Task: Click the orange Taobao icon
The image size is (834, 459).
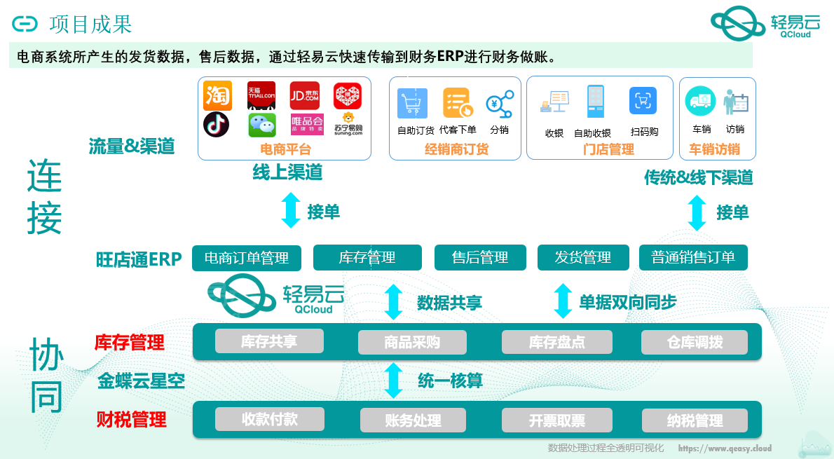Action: tap(217, 96)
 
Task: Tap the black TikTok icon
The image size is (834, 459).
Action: tap(216, 125)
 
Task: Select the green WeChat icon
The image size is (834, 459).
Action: tap(262, 125)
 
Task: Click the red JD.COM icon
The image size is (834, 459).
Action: tap(305, 96)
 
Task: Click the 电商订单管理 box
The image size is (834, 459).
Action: tap(247, 258)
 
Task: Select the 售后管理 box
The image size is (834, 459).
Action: tap(480, 258)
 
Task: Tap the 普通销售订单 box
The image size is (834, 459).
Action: tap(693, 258)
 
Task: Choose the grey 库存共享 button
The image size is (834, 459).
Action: tap(269, 341)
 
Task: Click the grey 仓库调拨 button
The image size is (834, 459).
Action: tap(695, 342)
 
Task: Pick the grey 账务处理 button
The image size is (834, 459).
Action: tap(413, 420)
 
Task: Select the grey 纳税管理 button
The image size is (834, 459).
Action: tap(695, 420)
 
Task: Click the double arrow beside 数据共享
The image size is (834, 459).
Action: tap(394, 302)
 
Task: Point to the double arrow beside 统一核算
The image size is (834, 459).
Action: tap(394, 381)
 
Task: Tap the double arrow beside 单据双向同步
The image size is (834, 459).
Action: tap(563, 301)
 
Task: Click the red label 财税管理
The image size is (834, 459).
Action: tap(131, 420)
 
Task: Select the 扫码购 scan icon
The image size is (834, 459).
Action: tap(643, 101)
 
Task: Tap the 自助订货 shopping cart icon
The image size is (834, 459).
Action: tap(412, 103)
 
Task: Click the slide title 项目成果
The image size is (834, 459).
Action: tap(90, 25)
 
